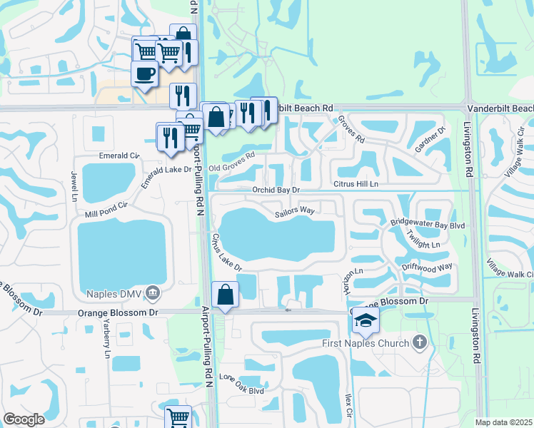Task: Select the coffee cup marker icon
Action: pyautogui.click(x=144, y=74)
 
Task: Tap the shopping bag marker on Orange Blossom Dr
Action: pyautogui.click(x=226, y=295)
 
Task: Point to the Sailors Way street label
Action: pyautogui.click(x=295, y=211)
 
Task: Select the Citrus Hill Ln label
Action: pyautogui.click(x=355, y=184)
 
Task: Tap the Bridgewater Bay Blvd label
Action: pyautogui.click(x=428, y=224)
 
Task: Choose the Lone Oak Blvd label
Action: pyautogui.click(x=242, y=390)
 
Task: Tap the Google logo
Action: pyautogui.click(x=24, y=419)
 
